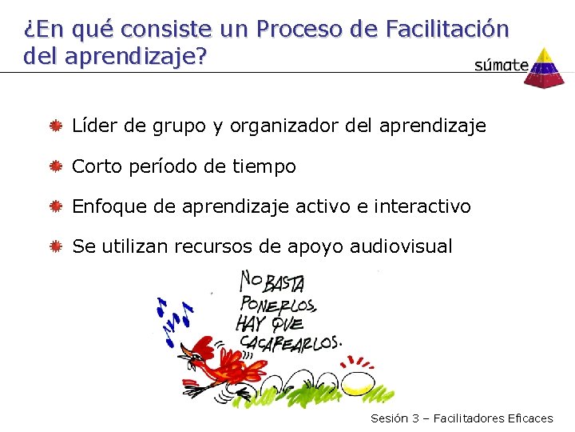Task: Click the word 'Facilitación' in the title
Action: pyautogui.click(x=446, y=30)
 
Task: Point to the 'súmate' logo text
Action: pyautogui.click(x=501, y=66)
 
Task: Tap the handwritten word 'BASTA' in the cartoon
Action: pyautogui.click(x=288, y=282)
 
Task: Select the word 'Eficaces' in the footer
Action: pyautogui.click(x=529, y=418)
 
